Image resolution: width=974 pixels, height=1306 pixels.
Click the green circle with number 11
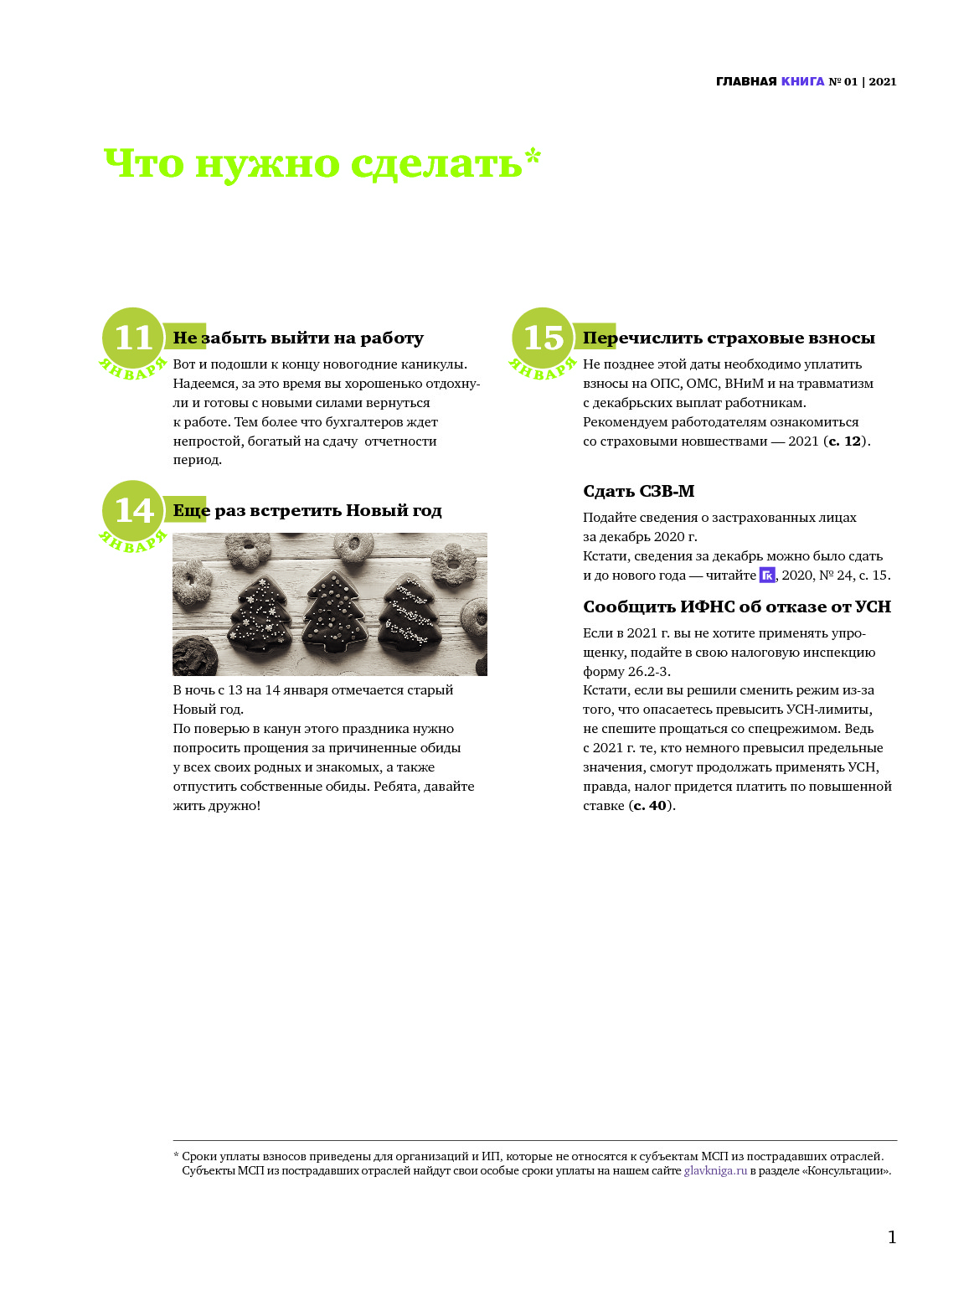tap(133, 338)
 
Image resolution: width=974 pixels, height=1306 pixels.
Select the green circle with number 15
tap(543, 338)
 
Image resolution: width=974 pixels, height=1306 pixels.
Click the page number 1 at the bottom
tap(892, 1237)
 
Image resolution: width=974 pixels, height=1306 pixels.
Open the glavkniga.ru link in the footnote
tap(715, 1171)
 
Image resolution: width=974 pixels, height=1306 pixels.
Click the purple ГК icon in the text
tap(767, 575)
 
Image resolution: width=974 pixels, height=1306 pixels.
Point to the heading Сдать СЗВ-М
tap(638, 492)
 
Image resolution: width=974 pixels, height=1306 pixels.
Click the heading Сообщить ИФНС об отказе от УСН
tap(736, 607)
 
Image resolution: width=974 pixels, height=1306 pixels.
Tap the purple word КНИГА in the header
tap(802, 81)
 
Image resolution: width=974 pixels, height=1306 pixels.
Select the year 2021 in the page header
tap(883, 81)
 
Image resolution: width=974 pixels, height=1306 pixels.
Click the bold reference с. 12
tap(845, 441)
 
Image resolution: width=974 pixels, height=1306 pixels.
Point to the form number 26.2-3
tap(649, 672)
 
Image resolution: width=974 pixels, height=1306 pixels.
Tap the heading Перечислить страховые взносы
tap(729, 338)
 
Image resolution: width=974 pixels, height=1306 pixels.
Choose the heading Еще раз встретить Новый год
tap(307, 511)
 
